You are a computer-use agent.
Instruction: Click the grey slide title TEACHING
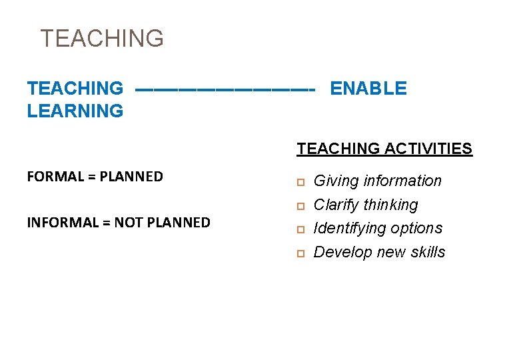(x=102, y=39)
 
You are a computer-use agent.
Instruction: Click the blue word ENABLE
(x=368, y=88)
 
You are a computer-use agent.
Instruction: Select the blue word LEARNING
(x=75, y=111)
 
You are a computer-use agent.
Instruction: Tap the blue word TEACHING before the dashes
(x=75, y=88)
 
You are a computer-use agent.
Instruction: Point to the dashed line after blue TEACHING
(x=224, y=89)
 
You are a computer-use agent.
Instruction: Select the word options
(x=416, y=229)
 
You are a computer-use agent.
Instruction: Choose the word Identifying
(x=349, y=229)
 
